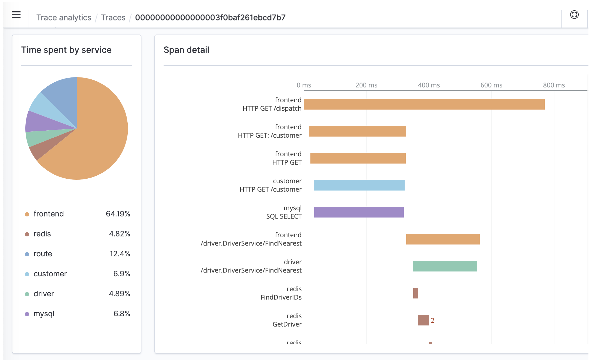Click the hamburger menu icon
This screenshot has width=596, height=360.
click(x=16, y=15)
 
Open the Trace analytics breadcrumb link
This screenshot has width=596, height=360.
click(x=64, y=18)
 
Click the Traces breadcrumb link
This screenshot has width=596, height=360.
click(x=113, y=18)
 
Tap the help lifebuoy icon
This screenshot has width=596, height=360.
click(x=574, y=15)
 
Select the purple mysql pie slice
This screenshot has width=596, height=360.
click(x=40, y=121)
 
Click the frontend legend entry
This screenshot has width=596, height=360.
click(x=49, y=214)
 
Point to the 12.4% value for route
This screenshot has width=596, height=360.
click(x=120, y=254)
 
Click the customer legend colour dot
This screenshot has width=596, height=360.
click(x=27, y=274)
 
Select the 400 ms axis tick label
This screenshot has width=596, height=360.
click(x=429, y=85)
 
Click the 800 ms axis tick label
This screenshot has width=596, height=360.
click(x=554, y=85)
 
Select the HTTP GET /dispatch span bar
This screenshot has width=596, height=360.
click(x=424, y=104)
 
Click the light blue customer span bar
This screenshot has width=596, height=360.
click(x=359, y=185)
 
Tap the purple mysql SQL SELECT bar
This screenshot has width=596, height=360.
click(x=359, y=212)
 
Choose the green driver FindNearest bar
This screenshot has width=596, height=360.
click(x=445, y=266)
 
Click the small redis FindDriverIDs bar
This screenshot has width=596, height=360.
click(x=415, y=293)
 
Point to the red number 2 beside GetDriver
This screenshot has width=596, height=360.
click(x=432, y=320)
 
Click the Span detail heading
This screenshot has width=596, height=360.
click(x=186, y=50)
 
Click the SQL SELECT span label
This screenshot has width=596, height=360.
click(x=284, y=216)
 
